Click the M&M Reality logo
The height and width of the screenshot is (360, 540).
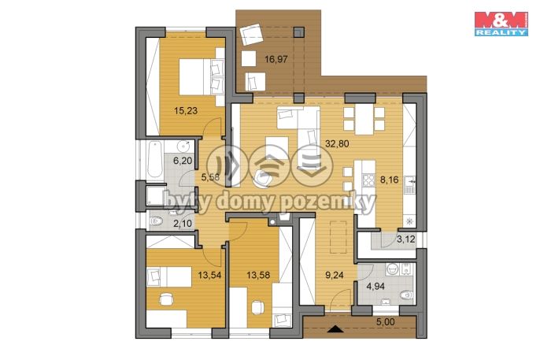501,24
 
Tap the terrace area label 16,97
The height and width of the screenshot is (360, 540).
276,59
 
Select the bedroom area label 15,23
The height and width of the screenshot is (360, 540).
186,110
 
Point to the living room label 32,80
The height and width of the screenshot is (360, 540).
337,143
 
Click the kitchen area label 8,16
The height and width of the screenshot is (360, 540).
389,180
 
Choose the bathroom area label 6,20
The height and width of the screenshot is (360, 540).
183,160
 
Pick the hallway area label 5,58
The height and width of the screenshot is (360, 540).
210,177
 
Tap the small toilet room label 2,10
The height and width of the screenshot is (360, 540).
183,224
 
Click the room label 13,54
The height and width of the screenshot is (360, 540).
209,275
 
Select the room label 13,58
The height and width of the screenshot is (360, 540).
258,275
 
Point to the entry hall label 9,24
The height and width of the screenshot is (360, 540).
335,275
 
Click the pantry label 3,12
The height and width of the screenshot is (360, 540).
406,239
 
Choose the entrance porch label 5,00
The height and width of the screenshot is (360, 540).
385,322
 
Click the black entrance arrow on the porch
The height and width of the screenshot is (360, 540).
335,329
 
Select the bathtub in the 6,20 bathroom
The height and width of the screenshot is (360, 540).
154,160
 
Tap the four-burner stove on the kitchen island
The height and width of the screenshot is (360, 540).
368,180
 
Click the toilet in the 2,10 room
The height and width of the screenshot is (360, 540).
157,221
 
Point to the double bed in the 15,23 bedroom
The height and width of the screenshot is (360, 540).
202,76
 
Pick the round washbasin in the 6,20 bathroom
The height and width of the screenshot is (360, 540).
184,147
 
